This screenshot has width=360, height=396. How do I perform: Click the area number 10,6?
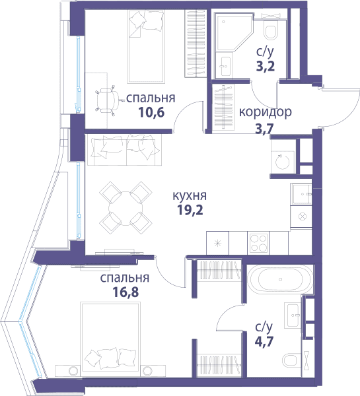click(x=151, y=112)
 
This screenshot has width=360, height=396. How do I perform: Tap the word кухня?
click(x=190, y=196)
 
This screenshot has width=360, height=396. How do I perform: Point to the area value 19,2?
click(x=190, y=210)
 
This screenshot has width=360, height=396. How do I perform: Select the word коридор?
click(x=265, y=112)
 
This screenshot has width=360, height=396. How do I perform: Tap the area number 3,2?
click(x=265, y=67)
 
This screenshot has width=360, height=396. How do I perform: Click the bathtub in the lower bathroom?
click(x=280, y=279)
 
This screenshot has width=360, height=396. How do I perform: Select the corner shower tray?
click(x=233, y=32)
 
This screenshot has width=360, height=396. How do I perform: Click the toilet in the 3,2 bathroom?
click(x=270, y=29)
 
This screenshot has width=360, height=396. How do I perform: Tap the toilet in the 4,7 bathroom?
click(x=292, y=360)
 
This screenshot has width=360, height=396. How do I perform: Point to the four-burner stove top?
click(x=258, y=243)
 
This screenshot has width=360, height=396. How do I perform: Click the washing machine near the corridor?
click(x=283, y=162)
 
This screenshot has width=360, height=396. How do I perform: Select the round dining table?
click(x=126, y=209)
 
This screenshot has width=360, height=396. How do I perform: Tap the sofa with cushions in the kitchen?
click(x=124, y=150)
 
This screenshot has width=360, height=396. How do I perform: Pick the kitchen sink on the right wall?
click(x=301, y=194)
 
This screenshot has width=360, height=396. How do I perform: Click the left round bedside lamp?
click(x=72, y=371)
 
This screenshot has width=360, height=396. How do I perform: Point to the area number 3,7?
click(x=264, y=129)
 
